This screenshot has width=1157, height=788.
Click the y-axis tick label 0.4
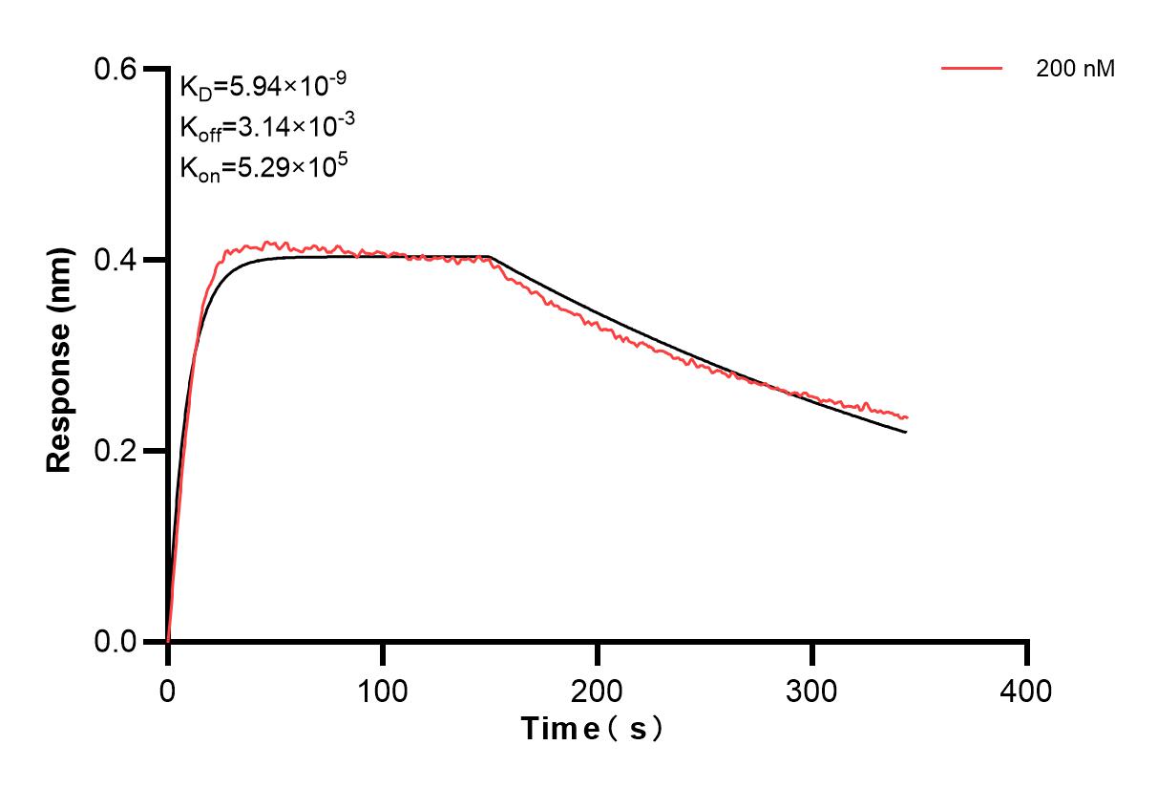(x=116, y=260)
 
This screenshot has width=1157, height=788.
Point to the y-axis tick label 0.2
(x=116, y=451)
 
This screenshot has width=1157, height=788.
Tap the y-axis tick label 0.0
(x=116, y=642)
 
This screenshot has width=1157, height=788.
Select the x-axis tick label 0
(x=168, y=690)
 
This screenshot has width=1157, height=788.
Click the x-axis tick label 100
(x=382, y=690)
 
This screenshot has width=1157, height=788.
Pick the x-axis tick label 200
(x=597, y=690)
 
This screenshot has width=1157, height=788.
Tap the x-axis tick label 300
(x=811, y=690)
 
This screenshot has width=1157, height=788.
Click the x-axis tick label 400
(x=1026, y=690)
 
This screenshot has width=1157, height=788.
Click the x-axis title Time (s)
(x=592, y=729)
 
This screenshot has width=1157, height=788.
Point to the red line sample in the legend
(x=972, y=69)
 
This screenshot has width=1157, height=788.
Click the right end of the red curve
(x=907, y=417)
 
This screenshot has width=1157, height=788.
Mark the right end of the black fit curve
(x=906, y=433)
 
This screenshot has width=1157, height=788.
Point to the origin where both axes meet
(x=168, y=642)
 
